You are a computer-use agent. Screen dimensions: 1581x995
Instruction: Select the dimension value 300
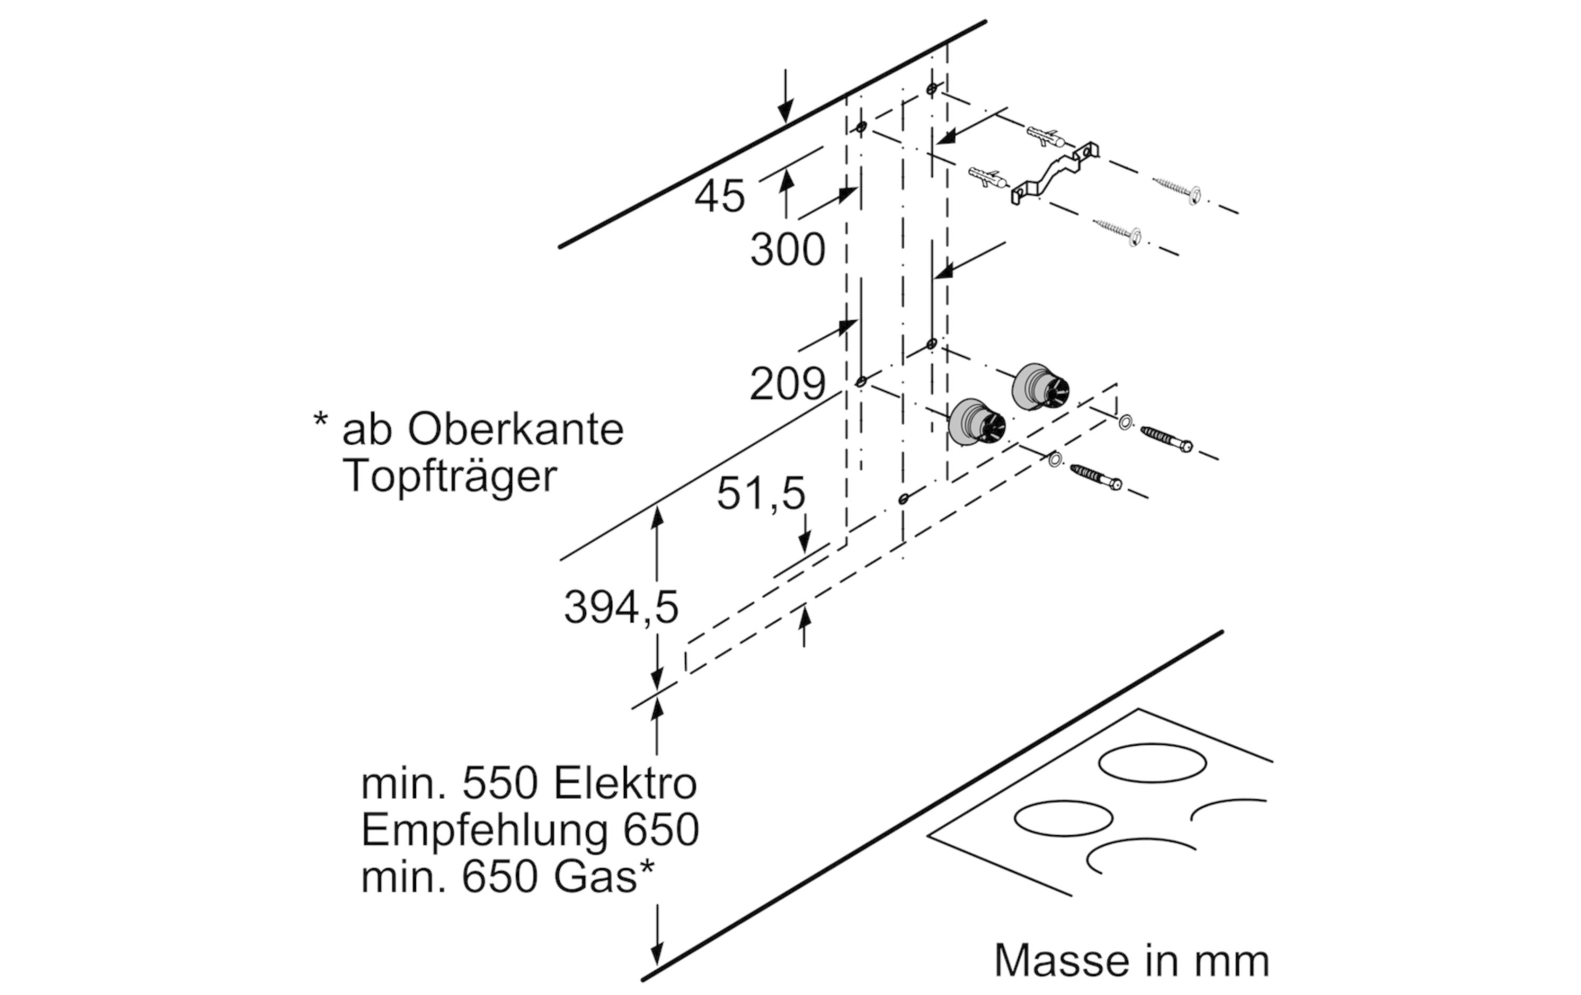coord(787,250)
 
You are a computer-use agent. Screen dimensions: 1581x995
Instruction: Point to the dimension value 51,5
coord(760,493)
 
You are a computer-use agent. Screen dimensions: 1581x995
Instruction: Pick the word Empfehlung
coord(484,832)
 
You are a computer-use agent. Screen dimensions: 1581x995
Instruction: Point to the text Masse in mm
coord(1131,961)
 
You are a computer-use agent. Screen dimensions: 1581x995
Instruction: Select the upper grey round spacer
coord(1041,387)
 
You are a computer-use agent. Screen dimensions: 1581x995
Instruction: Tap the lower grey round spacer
coord(977,422)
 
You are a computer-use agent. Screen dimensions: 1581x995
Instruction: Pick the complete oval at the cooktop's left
coord(1063,818)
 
